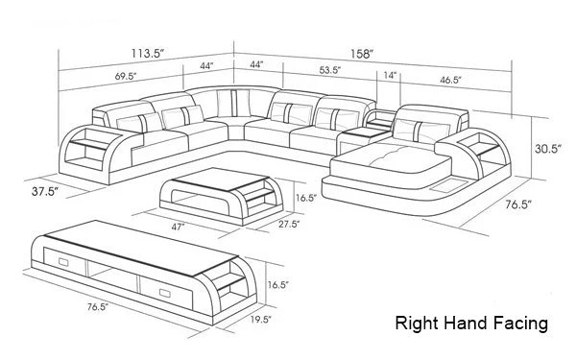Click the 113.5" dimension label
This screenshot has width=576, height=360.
coord(148,54)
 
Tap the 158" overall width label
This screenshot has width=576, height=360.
coord(362,55)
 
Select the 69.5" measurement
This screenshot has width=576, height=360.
coord(126,77)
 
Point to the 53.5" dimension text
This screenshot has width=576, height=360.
coord(330,70)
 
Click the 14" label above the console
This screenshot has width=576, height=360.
coord(390,75)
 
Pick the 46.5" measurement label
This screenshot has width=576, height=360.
coord(450,80)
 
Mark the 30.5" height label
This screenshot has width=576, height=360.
coord(548,149)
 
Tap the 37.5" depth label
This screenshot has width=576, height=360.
coord(45,191)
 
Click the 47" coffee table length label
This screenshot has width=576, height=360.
coord(178,227)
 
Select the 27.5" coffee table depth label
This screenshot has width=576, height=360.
coord(289,224)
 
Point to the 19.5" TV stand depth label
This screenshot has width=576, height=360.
coord(261,320)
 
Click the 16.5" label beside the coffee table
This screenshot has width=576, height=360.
coord(306,199)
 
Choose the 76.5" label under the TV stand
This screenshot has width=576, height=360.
coord(98,307)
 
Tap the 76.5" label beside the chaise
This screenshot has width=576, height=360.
coord(518,204)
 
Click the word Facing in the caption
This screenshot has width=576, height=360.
coord(520,324)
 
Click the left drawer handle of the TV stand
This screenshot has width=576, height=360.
coord(63,262)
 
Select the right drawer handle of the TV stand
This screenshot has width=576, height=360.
coord(164,293)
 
